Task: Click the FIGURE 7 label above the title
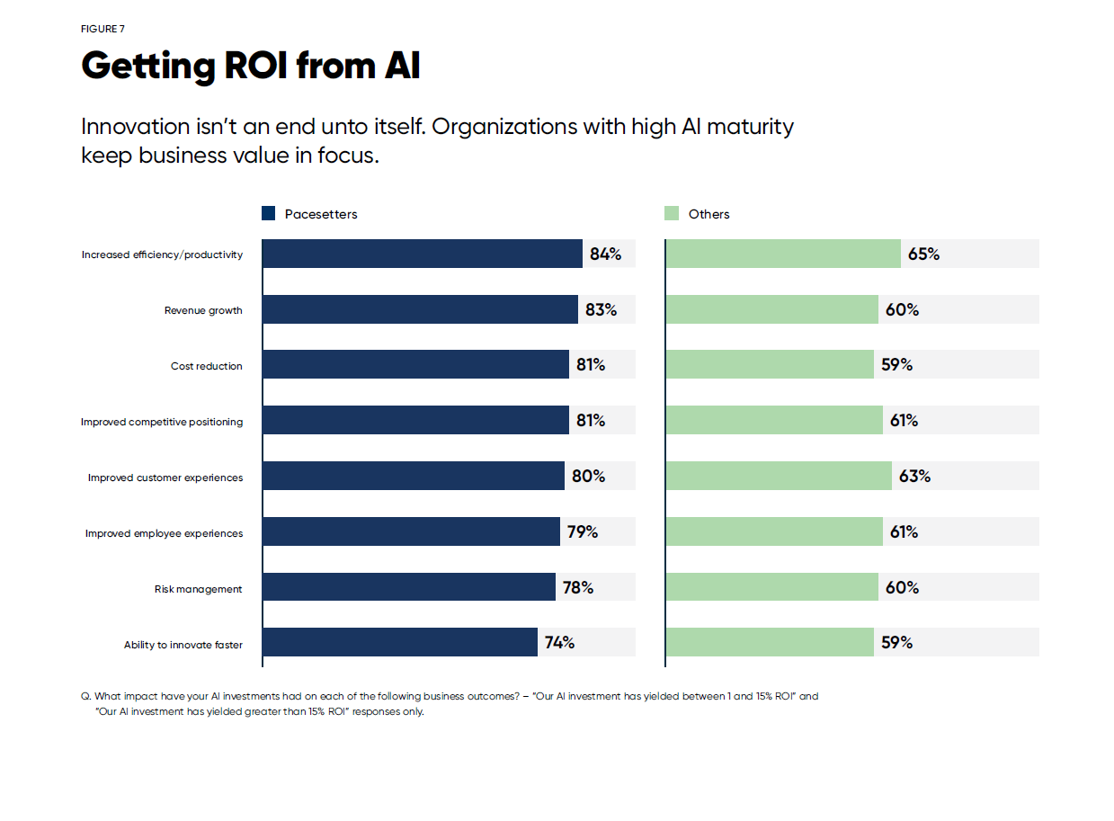102,29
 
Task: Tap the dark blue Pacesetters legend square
268,213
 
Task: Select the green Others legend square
671,213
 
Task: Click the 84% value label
605,254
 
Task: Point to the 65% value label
923,254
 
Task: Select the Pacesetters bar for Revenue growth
420,309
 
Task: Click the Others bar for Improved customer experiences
779,476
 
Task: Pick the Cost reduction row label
207,366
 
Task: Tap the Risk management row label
199,589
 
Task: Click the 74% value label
559,642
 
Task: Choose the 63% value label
914,476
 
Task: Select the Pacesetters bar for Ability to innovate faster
400,642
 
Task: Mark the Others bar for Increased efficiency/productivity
783,254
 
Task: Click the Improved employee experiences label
164,533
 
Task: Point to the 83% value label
601,309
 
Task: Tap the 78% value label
577,587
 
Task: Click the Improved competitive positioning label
162,422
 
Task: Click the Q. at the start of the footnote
85,696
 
